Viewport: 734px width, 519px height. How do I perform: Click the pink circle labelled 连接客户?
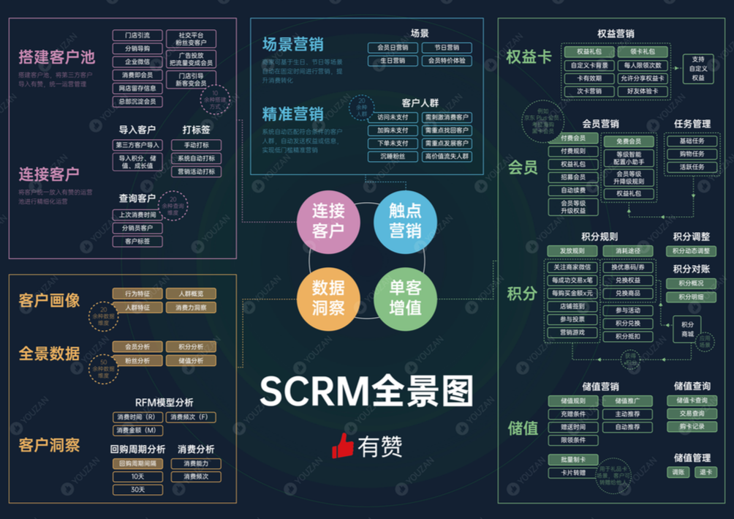coord(328,221)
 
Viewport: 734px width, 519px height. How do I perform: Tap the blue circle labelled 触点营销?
coord(405,221)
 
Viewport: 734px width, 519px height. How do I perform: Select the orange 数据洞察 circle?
coord(328,298)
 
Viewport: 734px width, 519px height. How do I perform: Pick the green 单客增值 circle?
coord(405,298)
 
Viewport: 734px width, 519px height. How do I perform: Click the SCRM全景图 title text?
coord(366,392)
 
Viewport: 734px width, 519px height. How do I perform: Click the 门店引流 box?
coord(137,35)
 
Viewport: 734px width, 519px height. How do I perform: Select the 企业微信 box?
coord(137,61)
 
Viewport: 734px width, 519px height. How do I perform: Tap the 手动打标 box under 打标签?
coord(196,145)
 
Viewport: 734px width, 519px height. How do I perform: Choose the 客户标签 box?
coord(137,241)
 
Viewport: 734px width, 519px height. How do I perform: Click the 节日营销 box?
coord(447,48)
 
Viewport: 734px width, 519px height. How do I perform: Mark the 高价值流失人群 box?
coord(447,157)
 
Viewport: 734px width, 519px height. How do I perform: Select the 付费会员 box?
coord(573,138)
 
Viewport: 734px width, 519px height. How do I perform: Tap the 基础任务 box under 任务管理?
coord(692,141)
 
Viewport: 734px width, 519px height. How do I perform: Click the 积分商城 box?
coord(687,329)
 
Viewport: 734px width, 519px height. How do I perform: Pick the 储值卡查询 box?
coord(692,400)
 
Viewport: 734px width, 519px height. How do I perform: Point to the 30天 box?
coord(137,490)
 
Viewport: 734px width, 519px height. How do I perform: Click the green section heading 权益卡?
coord(529,57)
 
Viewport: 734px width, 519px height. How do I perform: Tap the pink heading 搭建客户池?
coord(57,57)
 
